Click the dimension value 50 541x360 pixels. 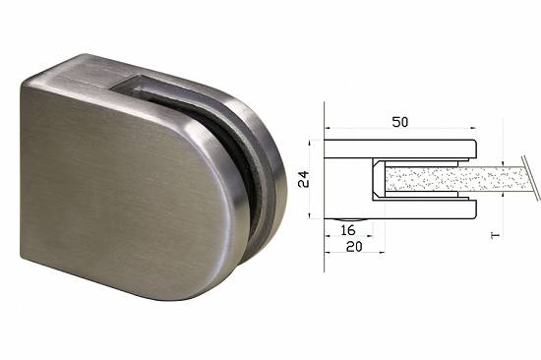coord(400,122)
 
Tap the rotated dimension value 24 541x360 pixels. coord(304,179)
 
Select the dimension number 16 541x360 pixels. coord(348,230)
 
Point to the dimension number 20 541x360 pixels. coord(354,247)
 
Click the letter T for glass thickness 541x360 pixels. coord(495,235)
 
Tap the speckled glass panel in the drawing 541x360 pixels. coord(455,179)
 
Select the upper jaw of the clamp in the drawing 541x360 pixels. coord(400,149)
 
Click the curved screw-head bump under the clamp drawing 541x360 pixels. coord(349,220)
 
